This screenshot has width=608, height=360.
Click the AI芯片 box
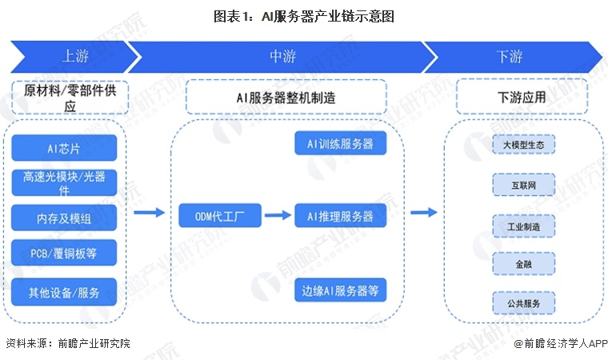click(x=64, y=148)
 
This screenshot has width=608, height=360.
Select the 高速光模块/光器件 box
click(x=64, y=182)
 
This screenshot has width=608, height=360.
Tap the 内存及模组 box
click(x=64, y=218)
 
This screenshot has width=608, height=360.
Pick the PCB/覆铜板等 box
click(x=64, y=253)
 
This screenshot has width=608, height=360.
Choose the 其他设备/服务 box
click(x=64, y=292)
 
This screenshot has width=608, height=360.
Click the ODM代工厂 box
click(x=220, y=215)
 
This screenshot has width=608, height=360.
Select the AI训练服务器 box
click(x=341, y=143)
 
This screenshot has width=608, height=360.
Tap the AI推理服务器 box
click(x=341, y=215)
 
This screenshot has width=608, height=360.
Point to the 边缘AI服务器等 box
click(x=341, y=290)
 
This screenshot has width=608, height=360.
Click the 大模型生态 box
click(x=523, y=145)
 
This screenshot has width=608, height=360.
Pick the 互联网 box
click(x=523, y=185)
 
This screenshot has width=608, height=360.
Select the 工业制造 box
click(x=523, y=226)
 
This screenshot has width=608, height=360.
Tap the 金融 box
click(x=523, y=264)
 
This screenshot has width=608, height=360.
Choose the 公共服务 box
click(x=523, y=302)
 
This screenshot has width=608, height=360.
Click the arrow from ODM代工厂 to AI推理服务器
click(x=278, y=215)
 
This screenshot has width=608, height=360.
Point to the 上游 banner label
click(x=76, y=56)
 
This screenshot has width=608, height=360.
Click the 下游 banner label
click(x=510, y=57)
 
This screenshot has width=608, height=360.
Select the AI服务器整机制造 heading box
click(x=286, y=97)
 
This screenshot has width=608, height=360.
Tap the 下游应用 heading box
click(x=522, y=97)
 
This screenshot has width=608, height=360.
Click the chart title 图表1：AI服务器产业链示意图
click(x=304, y=17)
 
